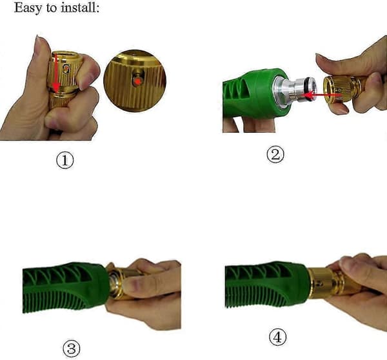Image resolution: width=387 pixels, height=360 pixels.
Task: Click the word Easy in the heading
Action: (x=28, y=8)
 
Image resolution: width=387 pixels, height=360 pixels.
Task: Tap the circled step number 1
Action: (x=65, y=161)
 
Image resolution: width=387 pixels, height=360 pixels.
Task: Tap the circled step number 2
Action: (x=275, y=155)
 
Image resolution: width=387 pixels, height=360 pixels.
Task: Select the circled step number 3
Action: (x=72, y=348)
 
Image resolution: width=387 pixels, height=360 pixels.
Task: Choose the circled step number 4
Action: (x=277, y=337)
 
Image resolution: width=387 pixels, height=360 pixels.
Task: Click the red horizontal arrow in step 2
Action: (x=322, y=95)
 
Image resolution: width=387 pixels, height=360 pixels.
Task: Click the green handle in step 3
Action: (x=65, y=287)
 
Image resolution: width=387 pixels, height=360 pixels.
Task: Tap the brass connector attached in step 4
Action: (x=331, y=283)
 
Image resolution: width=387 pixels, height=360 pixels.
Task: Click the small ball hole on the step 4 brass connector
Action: (x=321, y=283)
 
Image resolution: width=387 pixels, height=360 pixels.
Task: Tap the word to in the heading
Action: (x=52, y=8)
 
